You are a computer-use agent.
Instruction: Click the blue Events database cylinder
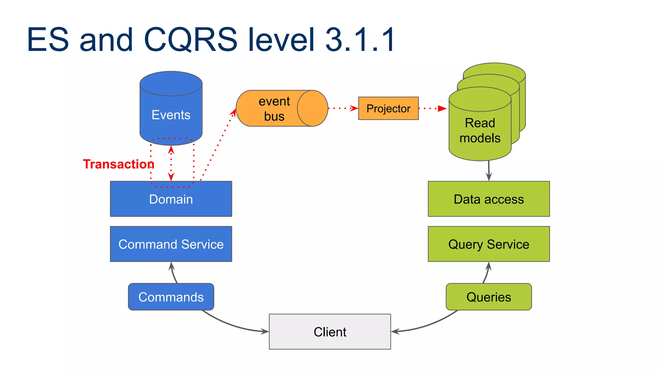[171, 109]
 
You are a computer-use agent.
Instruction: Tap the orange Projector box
[388, 109]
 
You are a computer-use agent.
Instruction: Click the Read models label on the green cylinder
[480, 130]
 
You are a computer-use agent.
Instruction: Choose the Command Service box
[171, 244]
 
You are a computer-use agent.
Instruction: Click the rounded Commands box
[171, 297]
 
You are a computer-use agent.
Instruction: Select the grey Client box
[330, 332]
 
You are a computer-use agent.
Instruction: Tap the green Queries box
[489, 297]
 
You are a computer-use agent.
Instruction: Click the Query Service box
[489, 244]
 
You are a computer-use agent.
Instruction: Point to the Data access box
[489, 199]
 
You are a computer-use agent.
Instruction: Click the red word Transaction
[118, 164]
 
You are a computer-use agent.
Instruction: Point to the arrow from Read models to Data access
[489, 171]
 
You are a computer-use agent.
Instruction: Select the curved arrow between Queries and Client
[429, 325]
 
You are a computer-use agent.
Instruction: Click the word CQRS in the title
[190, 40]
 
